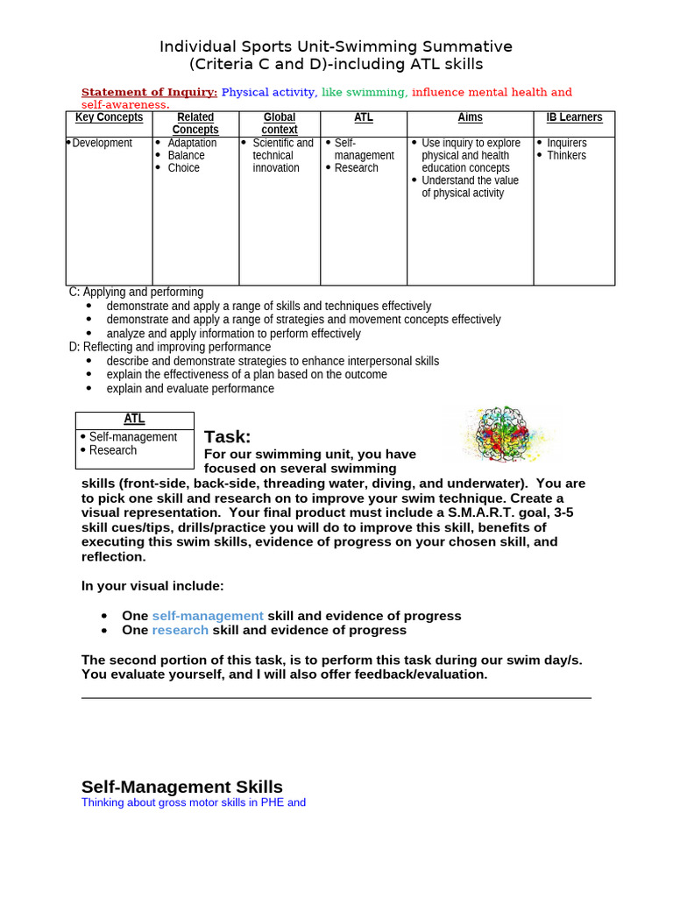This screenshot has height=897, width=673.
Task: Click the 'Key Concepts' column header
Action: [x=109, y=117]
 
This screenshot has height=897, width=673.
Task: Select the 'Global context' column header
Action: [x=280, y=124]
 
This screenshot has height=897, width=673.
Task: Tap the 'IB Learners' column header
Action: [x=574, y=117]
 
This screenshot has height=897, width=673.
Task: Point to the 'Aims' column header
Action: [x=470, y=117]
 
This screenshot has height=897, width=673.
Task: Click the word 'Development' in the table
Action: [x=102, y=143]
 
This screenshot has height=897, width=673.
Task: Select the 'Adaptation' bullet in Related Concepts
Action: [x=192, y=143]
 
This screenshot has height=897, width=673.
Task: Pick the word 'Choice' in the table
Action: [x=183, y=167]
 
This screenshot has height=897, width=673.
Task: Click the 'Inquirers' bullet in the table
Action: [x=567, y=143]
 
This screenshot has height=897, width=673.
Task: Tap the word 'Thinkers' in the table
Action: [x=566, y=155]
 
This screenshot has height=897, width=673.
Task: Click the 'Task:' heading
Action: [x=227, y=437]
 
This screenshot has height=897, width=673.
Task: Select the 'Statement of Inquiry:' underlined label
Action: [x=149, y=92]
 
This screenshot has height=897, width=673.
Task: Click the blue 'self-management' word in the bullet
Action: [x=208, y=616]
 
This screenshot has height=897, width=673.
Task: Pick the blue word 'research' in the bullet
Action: [x=181, y=630]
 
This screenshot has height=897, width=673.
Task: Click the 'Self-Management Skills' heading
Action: [x=182, y=786]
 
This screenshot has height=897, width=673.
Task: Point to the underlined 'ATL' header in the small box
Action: [x=134, y=420]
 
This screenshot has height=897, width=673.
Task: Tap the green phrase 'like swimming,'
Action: [x=365, y=92]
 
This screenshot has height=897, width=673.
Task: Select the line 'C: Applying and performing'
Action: [x=136, y=292]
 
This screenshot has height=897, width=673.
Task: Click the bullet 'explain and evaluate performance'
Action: [x=190, y=388]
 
